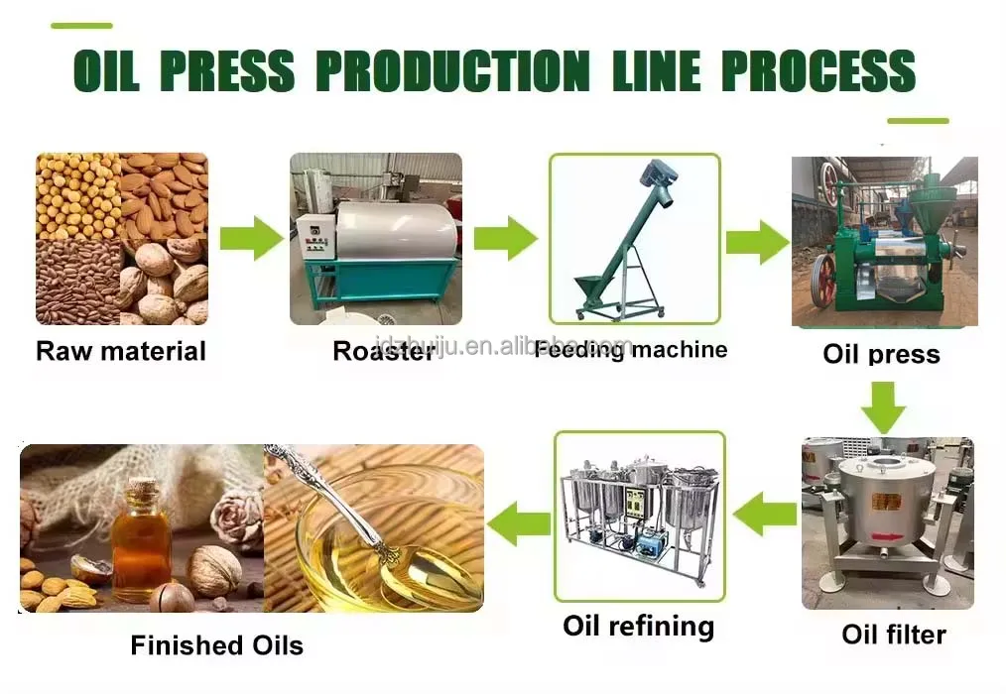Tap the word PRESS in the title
[x=227, y=70]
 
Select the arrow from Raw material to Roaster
[x=251, y=238]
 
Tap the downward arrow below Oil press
[x=882, y=405]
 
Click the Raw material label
[x=121, y=351]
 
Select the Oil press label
[x=881, y=354]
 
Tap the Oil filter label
[x=894, y=635]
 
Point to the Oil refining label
[x=638, y=627]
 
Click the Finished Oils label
[x=216, y=646]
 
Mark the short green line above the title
[x=80, y=26]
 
